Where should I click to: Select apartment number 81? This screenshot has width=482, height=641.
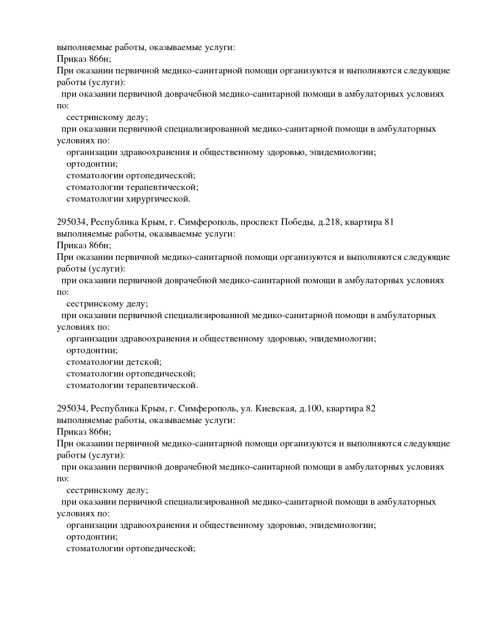coord(389,222)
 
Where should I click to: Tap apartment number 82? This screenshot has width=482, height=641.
coord(370,409)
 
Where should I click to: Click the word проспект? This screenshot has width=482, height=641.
coord(259,222)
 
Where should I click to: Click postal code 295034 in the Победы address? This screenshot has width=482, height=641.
coord(73,222)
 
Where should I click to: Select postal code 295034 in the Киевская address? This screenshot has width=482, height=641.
coord(73,409)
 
